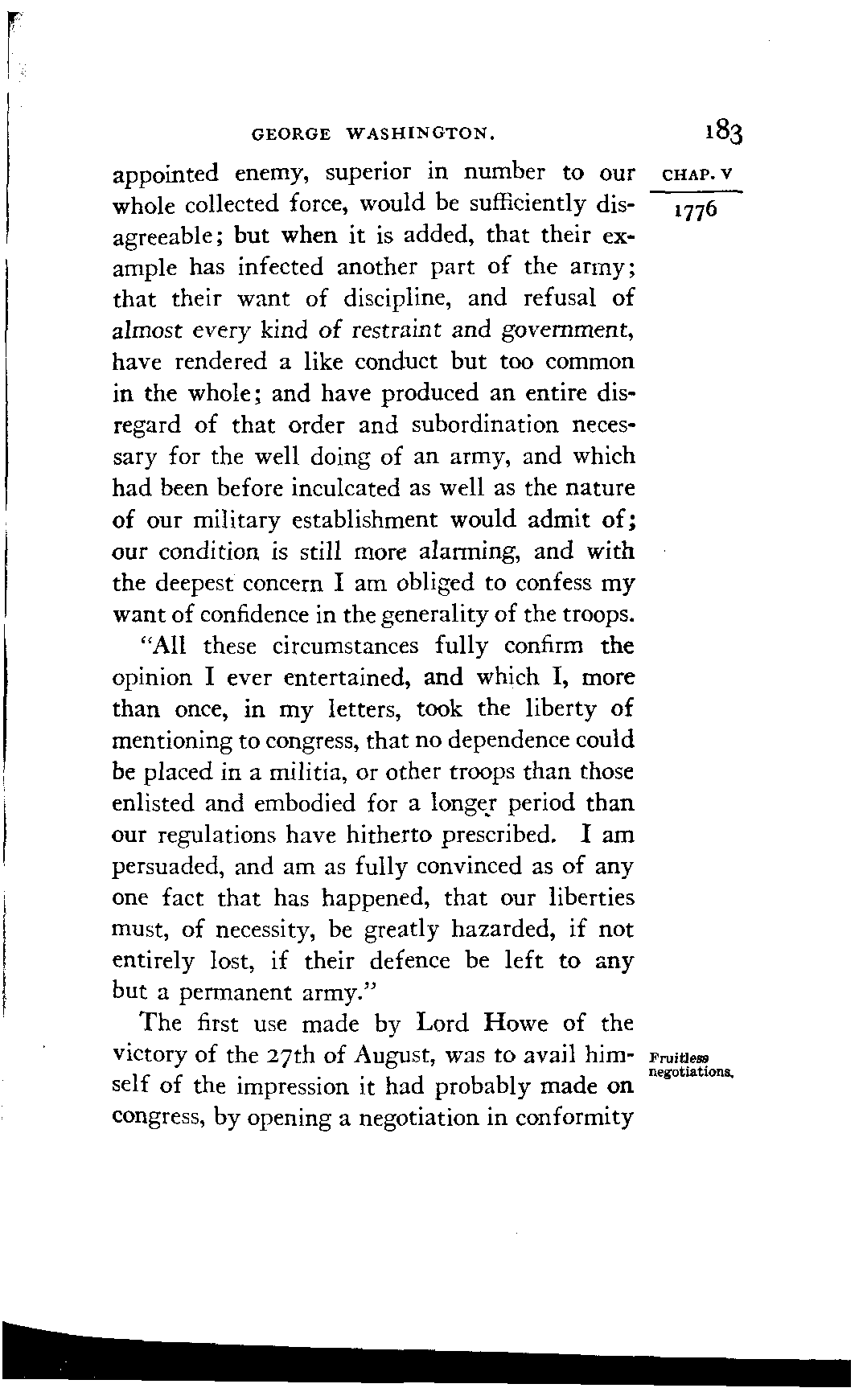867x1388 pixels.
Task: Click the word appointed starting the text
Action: (165, 174)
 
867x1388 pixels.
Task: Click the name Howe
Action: (516, 1024)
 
